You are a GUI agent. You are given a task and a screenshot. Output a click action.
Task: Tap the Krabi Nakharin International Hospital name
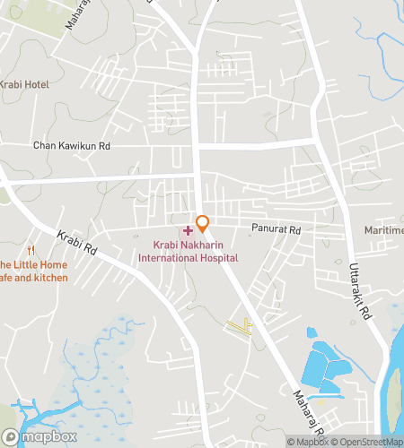(188, 251)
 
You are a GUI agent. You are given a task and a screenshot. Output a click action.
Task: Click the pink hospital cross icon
(188, 231)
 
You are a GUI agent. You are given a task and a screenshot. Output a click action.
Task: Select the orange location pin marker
(203, 222)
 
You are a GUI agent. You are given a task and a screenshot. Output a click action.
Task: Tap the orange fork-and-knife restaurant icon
(31, 250)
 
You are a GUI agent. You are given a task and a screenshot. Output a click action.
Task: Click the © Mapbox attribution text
(307, 442)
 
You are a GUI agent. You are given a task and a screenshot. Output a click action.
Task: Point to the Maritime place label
(384, 230)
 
